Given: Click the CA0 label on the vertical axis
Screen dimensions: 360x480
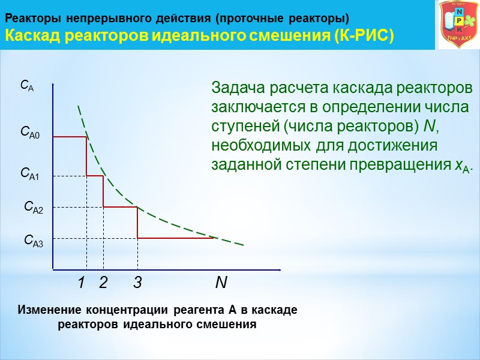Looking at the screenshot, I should (30, 132).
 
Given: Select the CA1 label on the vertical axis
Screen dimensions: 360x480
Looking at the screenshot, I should (30, 175).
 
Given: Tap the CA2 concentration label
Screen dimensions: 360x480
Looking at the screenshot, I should (34, 208).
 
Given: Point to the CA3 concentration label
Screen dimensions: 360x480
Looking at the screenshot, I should (34, 241).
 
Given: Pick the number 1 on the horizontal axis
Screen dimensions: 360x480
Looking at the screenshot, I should (81, 283).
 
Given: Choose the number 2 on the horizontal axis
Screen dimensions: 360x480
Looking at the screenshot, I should (103, 283).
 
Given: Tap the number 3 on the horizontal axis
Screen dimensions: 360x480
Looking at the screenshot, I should (137, 283).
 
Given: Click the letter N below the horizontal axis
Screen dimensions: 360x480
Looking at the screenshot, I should (221, 283).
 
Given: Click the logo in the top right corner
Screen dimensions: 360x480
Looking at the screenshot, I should (459, 25).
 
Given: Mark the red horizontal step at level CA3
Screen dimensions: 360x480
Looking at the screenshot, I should (176, 238).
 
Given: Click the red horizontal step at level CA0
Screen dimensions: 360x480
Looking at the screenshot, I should (70, 137).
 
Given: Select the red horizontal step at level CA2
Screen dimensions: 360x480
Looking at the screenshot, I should (121, 207).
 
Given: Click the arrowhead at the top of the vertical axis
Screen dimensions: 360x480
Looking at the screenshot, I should (53, 86).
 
